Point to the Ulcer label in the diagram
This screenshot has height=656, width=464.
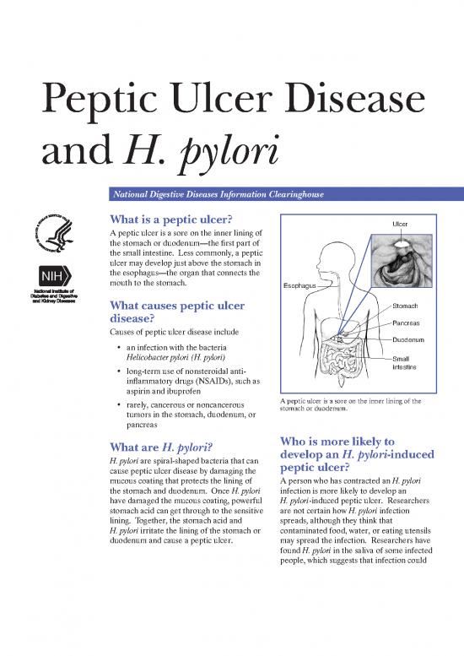[x=401, y=224]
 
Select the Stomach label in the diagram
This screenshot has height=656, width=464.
[x=406, y=306]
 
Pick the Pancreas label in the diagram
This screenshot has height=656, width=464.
[x=407, y=323]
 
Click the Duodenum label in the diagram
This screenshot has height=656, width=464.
[x=409, y=340]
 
